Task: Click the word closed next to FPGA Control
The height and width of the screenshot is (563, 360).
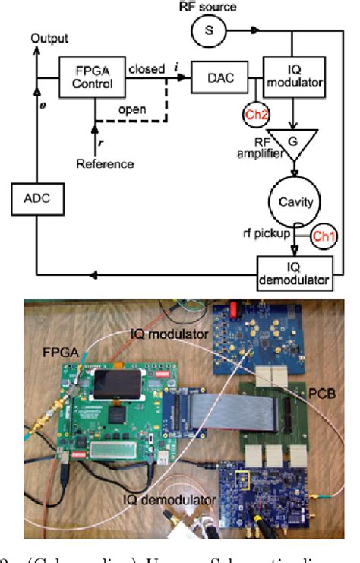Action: coord(147,70)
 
